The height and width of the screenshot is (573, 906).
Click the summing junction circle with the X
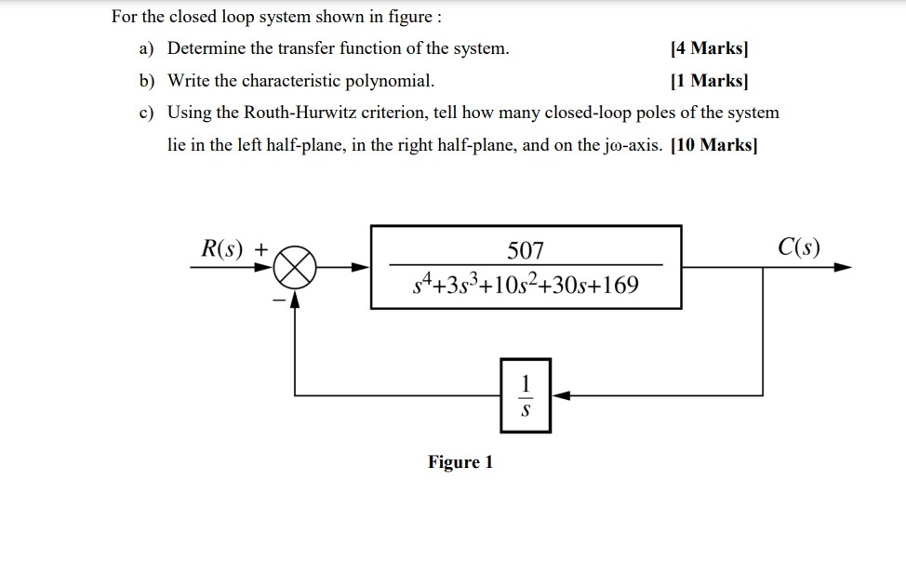pos(296,268)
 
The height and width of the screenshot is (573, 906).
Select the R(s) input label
pos(222,248)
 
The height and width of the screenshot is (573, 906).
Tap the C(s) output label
pos(799,247)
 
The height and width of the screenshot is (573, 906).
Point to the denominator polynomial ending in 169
pos(526,284)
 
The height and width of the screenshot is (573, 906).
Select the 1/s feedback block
pos(526,394)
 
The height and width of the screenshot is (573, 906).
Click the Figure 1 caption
pos(460,462)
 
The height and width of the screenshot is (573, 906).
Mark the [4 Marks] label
pos(710,48)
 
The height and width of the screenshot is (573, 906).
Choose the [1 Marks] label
pos(710,81)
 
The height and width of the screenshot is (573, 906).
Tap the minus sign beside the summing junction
pos(276,299)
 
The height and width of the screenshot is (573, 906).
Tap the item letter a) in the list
pos(147,48)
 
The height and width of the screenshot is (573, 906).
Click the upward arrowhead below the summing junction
pos(296,298)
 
